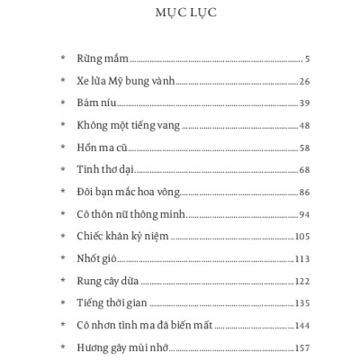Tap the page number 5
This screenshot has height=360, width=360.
[307, 60]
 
